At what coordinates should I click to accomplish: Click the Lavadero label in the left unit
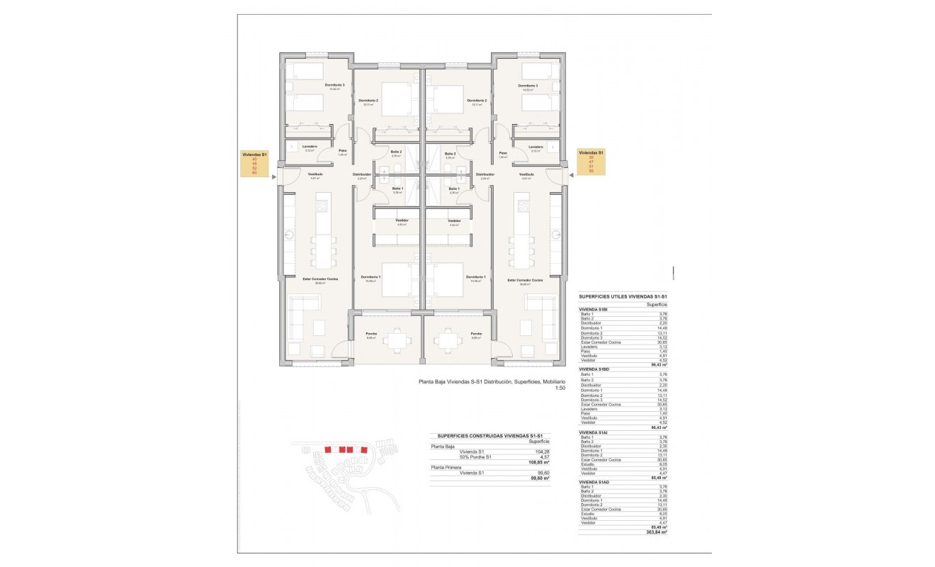coord(309,147)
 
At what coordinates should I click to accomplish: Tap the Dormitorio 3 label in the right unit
coord(526,86)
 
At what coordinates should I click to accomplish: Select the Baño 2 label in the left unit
coord(397,153)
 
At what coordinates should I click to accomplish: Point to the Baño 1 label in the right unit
coord(453,189)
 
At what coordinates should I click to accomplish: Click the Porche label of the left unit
coord(371,334)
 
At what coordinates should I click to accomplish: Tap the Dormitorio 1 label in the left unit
coord(370,277)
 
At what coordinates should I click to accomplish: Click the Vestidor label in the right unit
coord(454,221)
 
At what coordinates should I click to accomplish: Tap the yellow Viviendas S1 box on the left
coord(255,163)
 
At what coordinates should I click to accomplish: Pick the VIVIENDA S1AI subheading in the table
coord(594,432)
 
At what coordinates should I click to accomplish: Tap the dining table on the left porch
coord(397,342)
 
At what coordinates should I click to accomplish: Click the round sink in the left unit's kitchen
coord(290,235)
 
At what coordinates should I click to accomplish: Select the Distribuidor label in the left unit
coord(362,174)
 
